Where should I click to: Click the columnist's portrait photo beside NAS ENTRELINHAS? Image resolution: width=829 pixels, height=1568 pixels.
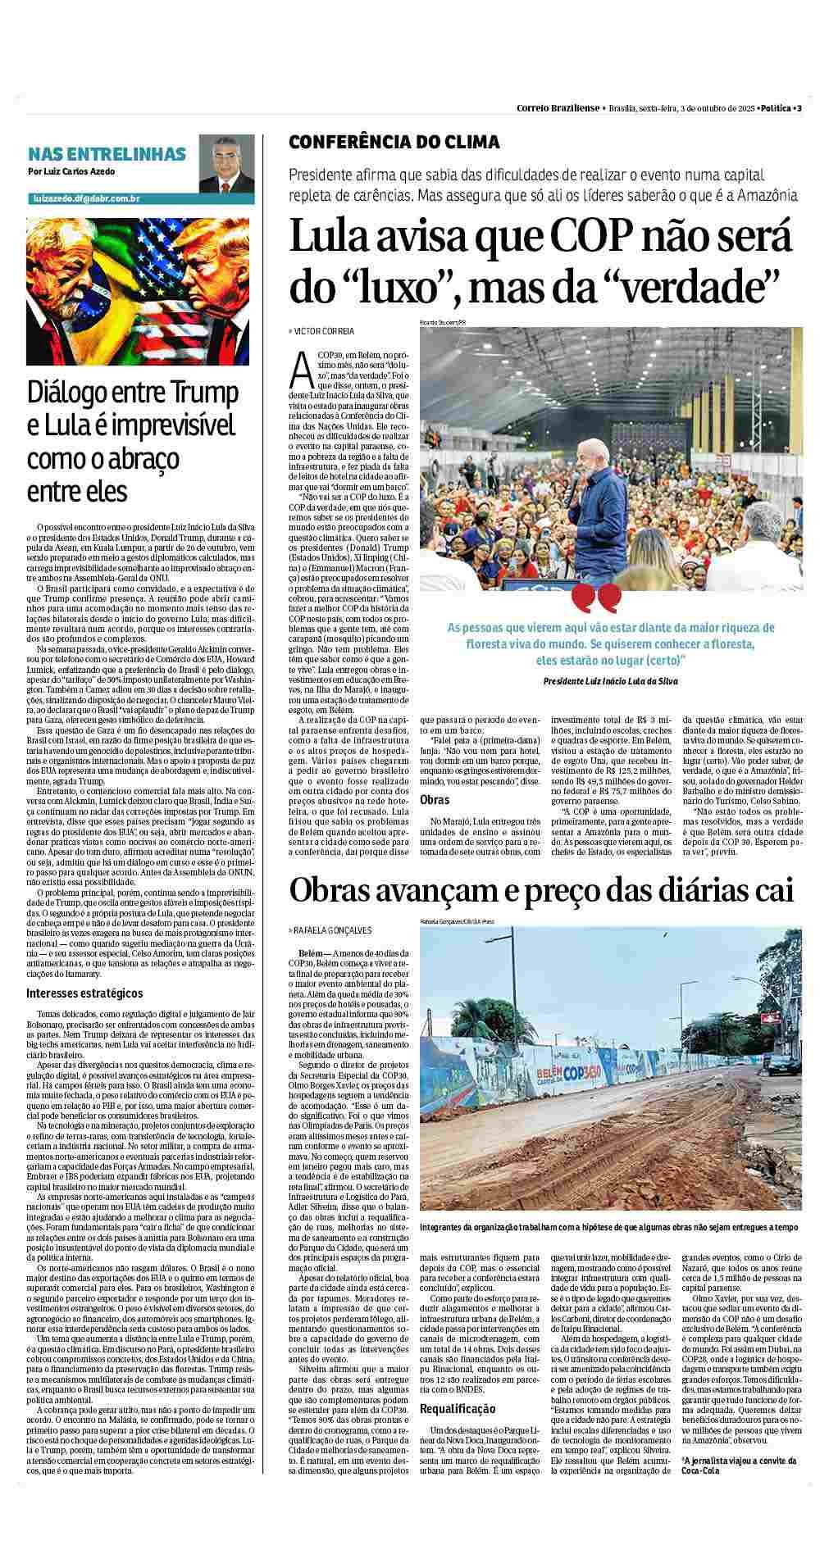click(x=226, y=164)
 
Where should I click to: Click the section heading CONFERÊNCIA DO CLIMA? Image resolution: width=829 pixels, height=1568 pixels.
click(x=394, y=142)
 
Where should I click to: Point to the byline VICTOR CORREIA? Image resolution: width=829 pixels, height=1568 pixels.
click(x=324, y=331)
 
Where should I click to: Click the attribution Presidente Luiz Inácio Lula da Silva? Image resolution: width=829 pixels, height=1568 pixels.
click(x=610, y=680)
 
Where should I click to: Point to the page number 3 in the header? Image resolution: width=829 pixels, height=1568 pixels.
click(x=799, y=108)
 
